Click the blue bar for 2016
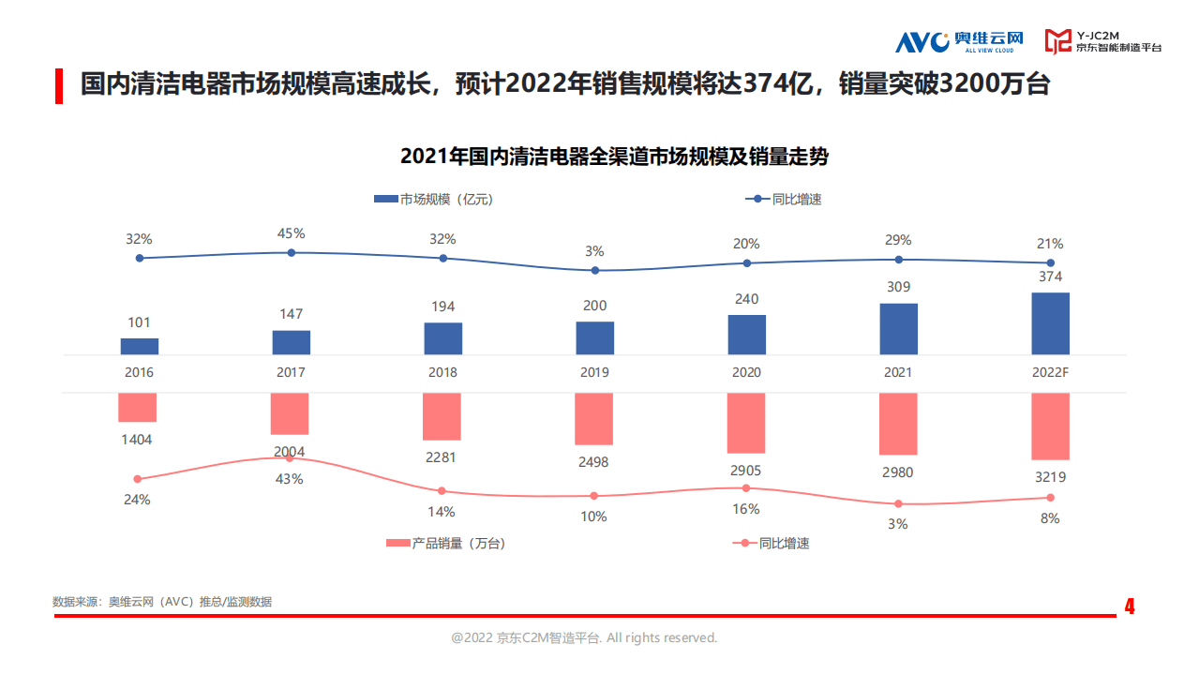pos(139,346)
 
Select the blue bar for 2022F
pos(1050,323)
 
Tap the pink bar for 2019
pos(593,418)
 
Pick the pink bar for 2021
pos(898,424)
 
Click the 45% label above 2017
pos(291,233)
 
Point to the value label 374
pos(1050,277)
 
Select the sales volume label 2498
pos(593,461)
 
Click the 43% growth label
pos(290,479)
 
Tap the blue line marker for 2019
pos(594,270)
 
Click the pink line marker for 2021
pos(898,503)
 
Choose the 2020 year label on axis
pos(746,372)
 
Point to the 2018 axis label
pos(442,372)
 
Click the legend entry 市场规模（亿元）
pos(433,199)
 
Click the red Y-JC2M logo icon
pos(1058,40)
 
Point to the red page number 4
pos(1130,607)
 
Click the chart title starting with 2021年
pos(614,157)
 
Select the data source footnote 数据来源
pos(162,602)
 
